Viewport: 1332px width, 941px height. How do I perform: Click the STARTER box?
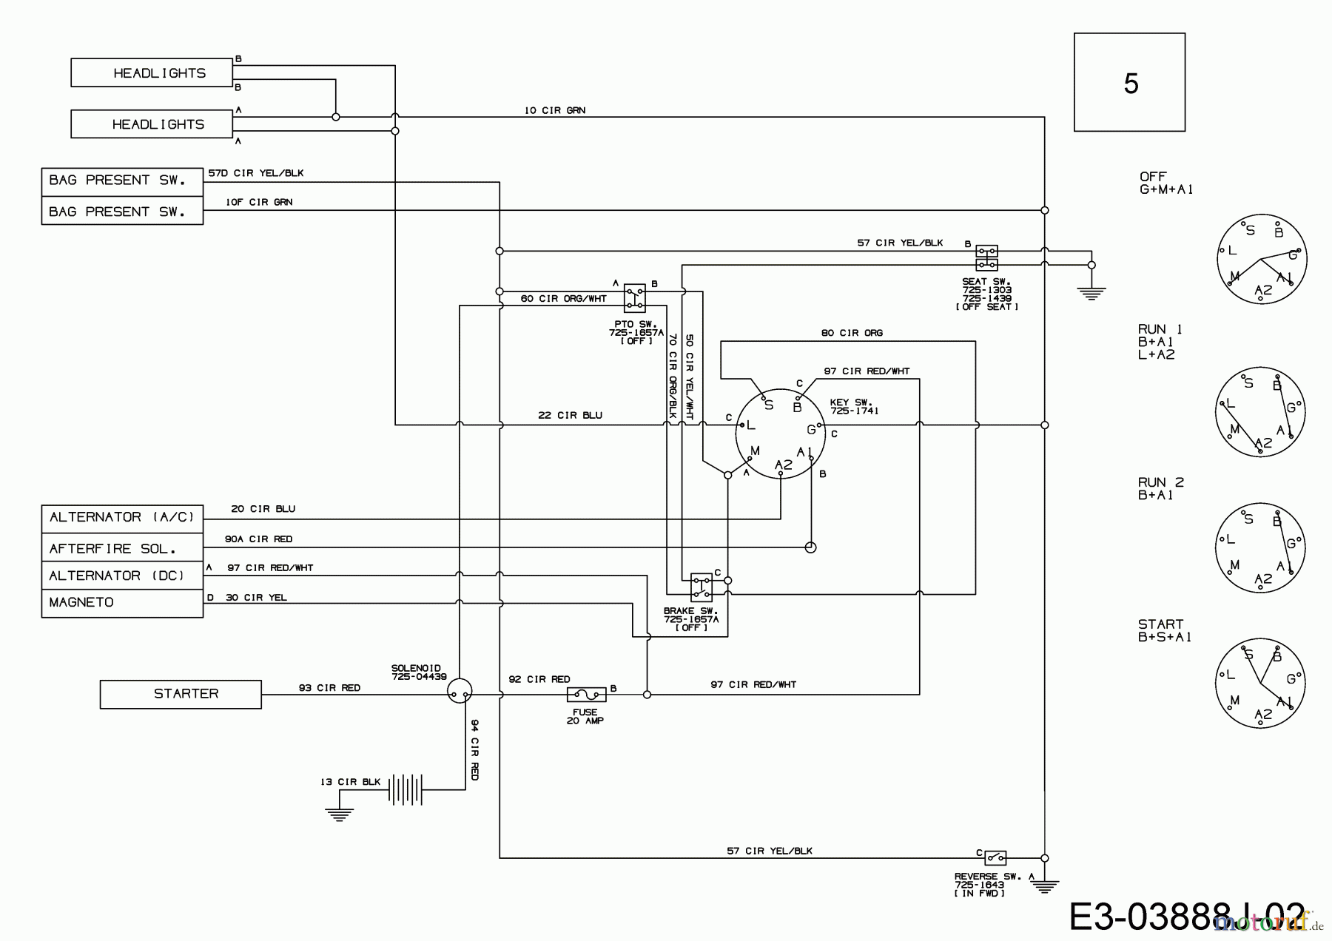181,694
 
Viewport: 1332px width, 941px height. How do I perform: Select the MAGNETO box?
122,603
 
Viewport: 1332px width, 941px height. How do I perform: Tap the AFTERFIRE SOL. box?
122,548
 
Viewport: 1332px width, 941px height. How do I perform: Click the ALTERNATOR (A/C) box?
122,517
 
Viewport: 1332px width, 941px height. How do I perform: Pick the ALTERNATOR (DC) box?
122,576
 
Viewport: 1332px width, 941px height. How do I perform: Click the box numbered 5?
1129,82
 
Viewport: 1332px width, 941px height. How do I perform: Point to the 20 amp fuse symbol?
586,695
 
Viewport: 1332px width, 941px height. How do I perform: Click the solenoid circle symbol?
460,691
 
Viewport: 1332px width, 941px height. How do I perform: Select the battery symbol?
406,790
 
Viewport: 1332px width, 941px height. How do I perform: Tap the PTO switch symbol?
634,297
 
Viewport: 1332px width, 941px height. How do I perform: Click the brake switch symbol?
701,587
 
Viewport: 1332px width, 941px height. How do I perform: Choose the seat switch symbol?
986,258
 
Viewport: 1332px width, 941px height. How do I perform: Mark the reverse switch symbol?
995,858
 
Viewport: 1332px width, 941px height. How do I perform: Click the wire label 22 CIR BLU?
570,416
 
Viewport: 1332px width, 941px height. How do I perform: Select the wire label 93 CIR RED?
329,688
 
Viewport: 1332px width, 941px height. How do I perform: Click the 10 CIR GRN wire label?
555,110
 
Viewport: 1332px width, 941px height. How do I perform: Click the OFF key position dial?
1262,257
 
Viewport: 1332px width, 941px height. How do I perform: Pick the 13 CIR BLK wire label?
350,782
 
